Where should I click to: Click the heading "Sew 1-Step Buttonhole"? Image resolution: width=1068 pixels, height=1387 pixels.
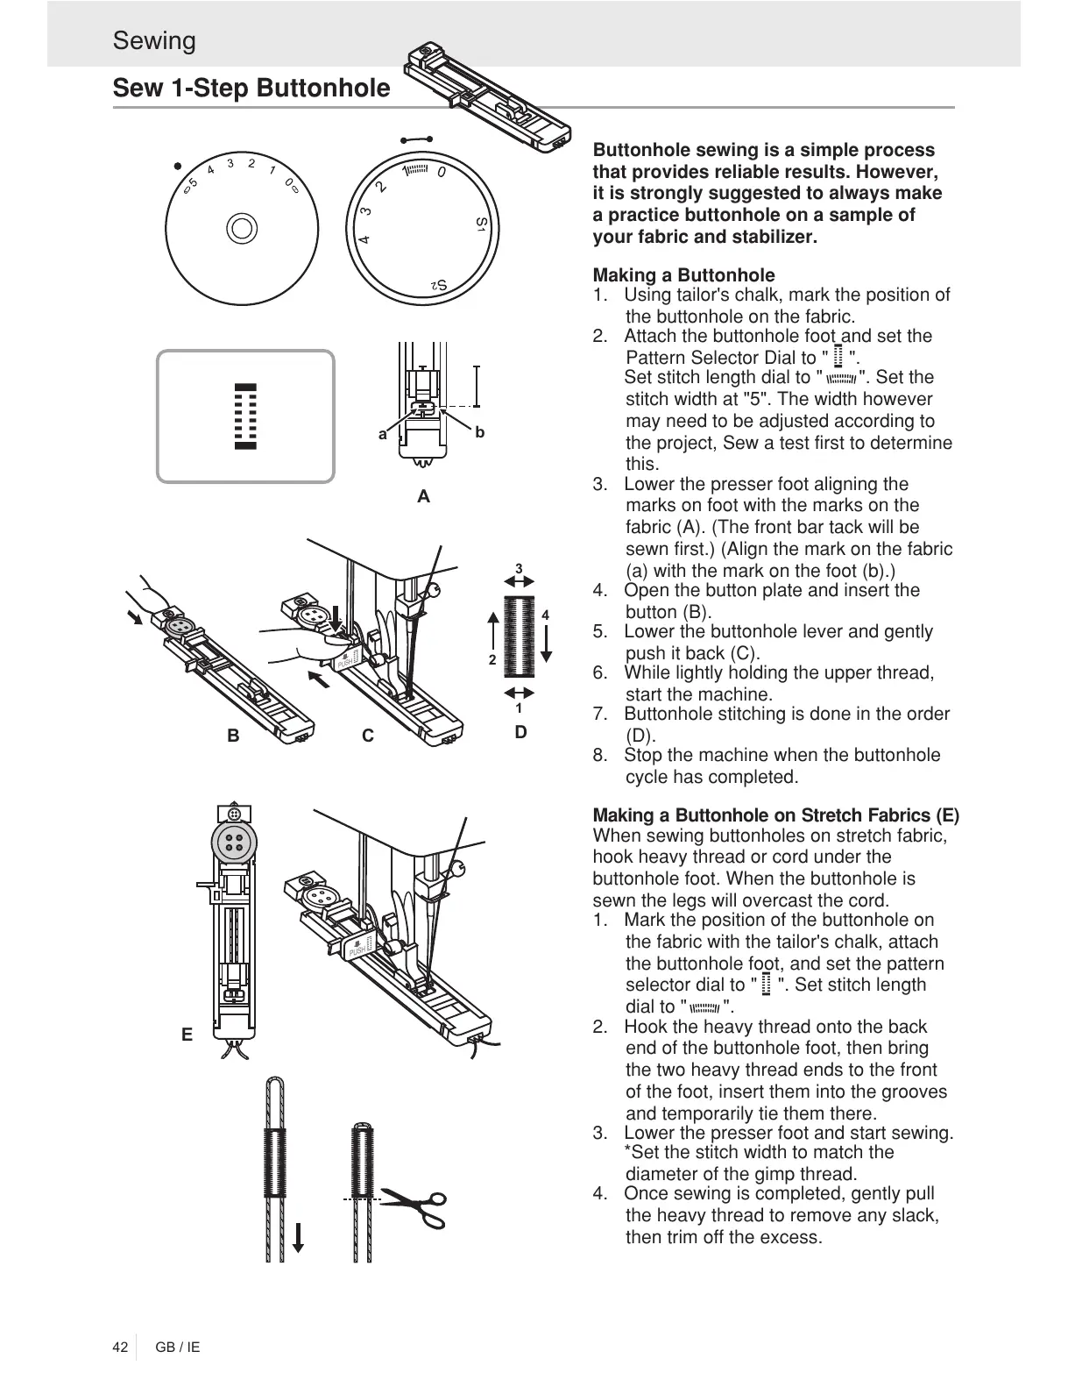pyautogui.click(x=251, y=89)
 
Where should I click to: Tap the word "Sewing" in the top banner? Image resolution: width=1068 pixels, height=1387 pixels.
pyautogui.click(x=154, y=41)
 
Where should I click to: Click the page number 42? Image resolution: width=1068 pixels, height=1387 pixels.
pyautogui.click(x=120, y=1347)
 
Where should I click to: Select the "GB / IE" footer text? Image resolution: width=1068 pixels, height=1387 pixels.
pyautogui.click(x=178, y=1347)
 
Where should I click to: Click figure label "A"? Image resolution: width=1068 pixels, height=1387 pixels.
pyautogui.click(x=424, y=497)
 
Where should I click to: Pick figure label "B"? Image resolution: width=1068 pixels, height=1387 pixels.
pyautogui.click(x=233, y=736)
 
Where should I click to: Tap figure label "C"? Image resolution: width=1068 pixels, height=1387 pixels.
pyautogui.click(x=368, y=736)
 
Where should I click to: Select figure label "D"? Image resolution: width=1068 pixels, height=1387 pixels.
pyautogui.click(x=521, y=732)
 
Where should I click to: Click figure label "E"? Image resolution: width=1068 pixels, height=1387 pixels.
pyautogui.click(x=187, y=1035)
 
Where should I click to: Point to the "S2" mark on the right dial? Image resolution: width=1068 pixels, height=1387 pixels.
pyautogui.click(x=439, y=285)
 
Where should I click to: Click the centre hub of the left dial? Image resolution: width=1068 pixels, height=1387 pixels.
pyautogui.click(x=241, y=228)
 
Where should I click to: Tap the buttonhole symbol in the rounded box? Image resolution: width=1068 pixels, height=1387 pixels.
pyautogui.click(x=245, y=416)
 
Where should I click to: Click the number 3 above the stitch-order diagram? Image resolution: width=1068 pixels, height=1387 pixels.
pyautogui.click(x=519, y=569)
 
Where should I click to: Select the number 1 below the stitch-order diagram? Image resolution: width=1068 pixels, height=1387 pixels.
pyautogui.click(x=519, y=708)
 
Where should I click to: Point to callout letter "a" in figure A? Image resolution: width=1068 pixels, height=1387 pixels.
pyautogui.click(x=382, y=434)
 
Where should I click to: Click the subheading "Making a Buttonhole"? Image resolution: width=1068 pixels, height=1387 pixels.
pyautogui.click(x=683, y=275)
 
